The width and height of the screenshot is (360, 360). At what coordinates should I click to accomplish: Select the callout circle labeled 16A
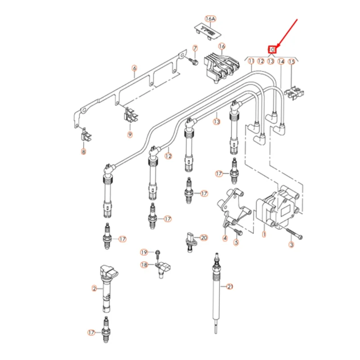click(x=210, y=18)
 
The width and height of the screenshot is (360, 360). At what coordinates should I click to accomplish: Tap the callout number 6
click(x=134, y=68)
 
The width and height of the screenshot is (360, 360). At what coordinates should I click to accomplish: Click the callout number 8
click(x=83, y=152)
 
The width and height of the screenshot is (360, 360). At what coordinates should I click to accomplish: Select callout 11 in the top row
click(x=251, y=60)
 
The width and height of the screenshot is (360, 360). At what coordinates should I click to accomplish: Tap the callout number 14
click(x=281, y=60)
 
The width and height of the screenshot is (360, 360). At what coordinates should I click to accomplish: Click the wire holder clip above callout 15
click(x=292, y=93)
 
